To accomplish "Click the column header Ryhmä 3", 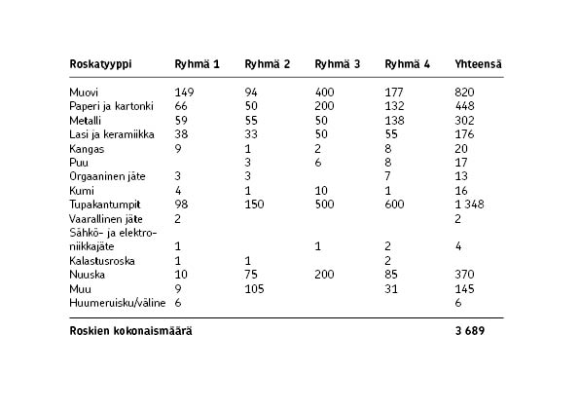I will [x=338, y=65].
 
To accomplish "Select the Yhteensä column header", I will [x=478, y=65].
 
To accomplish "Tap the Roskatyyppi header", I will [x=101, y=65].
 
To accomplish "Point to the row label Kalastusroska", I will [x=102, y=261].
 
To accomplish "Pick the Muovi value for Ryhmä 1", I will [x=185, y=93].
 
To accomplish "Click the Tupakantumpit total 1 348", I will [x=471, y=205].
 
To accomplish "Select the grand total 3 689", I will [x=470, y=331].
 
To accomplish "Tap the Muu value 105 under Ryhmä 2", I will [x=255, y=289].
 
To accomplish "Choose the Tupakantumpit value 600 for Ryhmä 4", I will [x=395, y=205].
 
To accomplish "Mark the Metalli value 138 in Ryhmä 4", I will [x=395, y=121].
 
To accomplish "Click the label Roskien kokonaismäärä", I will [x=130, y=331].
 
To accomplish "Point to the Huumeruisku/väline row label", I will [x=112, y=303].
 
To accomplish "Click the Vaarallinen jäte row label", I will [x=105, y=219].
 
